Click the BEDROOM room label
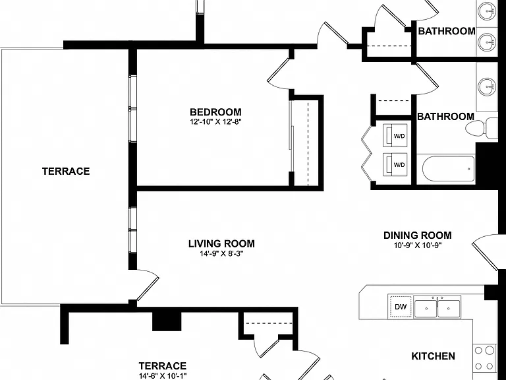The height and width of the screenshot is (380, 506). click(215, 112)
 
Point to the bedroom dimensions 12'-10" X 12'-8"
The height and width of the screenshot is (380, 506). click(215, 122)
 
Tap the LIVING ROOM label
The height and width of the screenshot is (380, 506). click(221, 243)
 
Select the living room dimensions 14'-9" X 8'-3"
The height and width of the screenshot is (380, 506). click(221, 253)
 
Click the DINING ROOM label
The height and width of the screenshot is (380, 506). click(418, 236)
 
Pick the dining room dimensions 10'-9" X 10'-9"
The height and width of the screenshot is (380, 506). click(418, 245)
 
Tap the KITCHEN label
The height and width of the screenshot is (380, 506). click(433, 356)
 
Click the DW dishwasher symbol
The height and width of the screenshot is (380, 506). click(401, 307)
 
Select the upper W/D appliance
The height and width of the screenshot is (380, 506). click(395, 135)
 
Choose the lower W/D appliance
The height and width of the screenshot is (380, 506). click(395, 164)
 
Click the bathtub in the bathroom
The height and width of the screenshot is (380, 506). click(448, 169)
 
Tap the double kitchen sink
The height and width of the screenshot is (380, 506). click(437, 307)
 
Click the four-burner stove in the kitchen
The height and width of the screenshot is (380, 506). click(485, 358)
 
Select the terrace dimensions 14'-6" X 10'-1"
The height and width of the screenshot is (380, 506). click(162, 376)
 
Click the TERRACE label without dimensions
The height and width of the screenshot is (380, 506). click(66, 172)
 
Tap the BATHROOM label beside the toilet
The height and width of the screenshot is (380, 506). click(445, 116)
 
